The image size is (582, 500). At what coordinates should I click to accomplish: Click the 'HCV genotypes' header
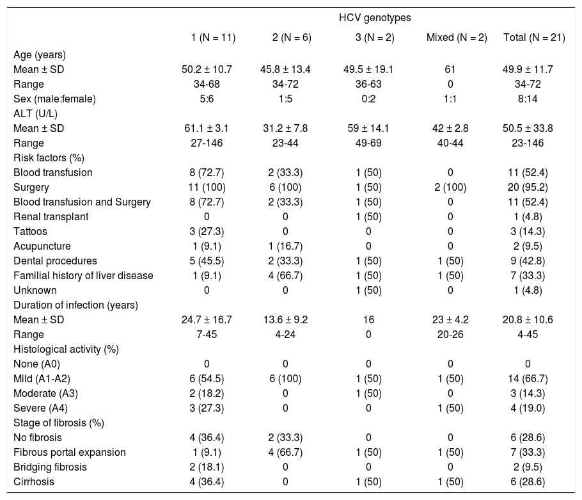coord(375,17)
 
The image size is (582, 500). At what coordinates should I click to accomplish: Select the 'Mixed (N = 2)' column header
coord(457,38)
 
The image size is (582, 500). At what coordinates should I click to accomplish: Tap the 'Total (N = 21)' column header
coord(534,38)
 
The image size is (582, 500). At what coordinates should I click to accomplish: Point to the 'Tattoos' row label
coord(30,231)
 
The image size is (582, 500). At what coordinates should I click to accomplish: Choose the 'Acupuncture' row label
coord(42,246)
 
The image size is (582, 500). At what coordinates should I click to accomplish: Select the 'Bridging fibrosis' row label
coord(51,467)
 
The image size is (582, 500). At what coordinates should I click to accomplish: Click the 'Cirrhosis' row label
coord(34,481)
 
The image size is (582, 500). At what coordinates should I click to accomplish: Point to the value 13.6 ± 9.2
coord(292,319)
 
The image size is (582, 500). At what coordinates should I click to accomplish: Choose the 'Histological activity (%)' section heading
coord(62,349)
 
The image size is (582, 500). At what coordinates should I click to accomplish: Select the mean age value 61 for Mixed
coord(457,69)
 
